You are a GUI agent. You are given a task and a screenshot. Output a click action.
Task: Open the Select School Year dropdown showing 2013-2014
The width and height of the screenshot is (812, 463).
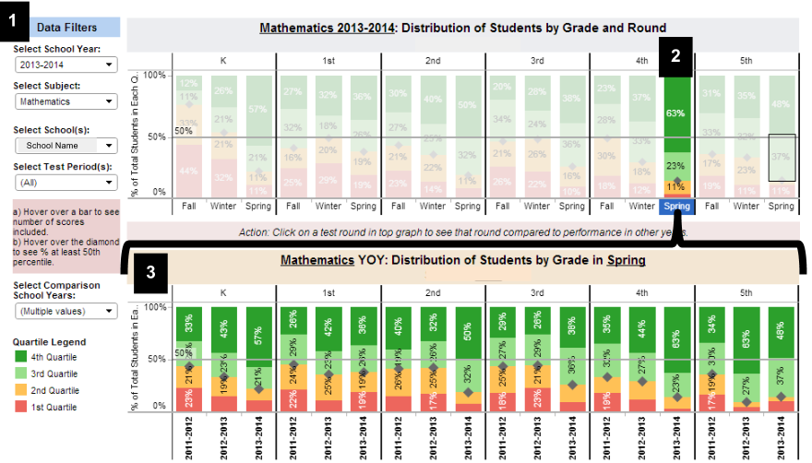coord(66,65)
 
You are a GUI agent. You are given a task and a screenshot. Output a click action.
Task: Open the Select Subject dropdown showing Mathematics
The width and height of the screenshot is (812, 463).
coord(66,101)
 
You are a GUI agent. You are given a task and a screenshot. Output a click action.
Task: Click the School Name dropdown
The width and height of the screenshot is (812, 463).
coord(66,146)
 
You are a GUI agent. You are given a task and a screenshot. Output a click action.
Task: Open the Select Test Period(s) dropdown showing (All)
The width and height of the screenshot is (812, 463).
coord(66,183)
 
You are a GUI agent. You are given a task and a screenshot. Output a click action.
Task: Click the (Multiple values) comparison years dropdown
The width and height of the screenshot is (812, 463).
coord(66,311)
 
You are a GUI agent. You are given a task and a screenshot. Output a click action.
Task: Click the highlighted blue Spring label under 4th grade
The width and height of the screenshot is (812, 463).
coord(676,207)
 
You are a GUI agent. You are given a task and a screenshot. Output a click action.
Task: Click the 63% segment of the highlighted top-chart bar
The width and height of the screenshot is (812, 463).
coord(676,113)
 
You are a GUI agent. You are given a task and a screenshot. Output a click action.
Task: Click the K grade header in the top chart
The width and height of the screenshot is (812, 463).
coord(223,61)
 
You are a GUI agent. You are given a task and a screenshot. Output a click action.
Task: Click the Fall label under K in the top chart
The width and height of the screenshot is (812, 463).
coord(189,207)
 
